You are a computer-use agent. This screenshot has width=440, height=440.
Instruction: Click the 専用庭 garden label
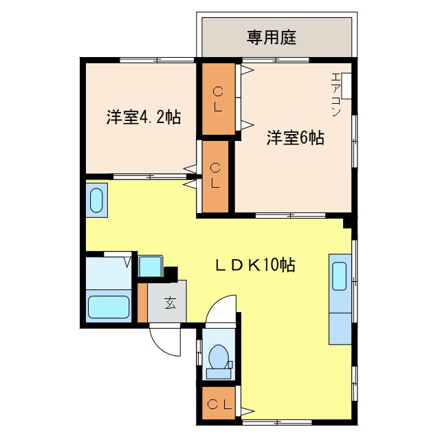[x=272, y=37]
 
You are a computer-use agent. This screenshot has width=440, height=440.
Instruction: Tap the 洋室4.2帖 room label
[x=143, y=117]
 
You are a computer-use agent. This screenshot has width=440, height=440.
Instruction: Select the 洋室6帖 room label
[x=296, y=137]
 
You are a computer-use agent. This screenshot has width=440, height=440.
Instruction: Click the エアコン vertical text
[x=336, y=93]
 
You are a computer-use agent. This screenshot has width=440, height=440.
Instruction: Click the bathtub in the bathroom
[x=109, y=307]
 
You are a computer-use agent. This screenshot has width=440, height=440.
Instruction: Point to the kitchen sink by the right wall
[x=340, y=276]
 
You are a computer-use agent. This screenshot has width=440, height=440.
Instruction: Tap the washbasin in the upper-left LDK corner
[x=96, y=199]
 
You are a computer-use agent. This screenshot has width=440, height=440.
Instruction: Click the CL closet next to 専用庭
[x=217, y=98]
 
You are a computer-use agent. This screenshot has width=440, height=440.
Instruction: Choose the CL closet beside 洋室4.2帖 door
[x=214, y=176]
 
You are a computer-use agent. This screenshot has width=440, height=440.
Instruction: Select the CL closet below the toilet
[x=218, y=403]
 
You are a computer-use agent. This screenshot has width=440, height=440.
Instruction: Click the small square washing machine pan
[x=150, y=266]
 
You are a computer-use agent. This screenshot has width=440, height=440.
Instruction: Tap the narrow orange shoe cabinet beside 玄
[x=142, y=302]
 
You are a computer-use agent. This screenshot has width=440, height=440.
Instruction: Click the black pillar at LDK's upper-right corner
[x=349, y=222]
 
